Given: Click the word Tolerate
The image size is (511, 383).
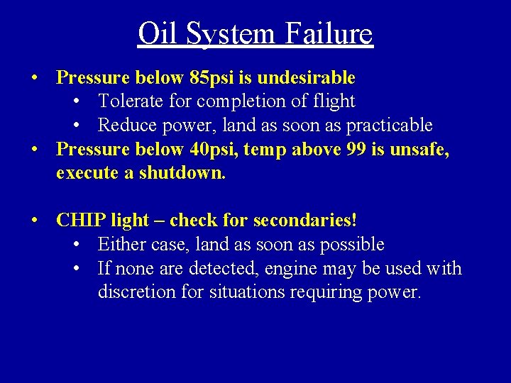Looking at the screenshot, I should click(130, 101).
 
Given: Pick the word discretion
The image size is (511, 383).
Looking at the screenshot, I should click(138, 292).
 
